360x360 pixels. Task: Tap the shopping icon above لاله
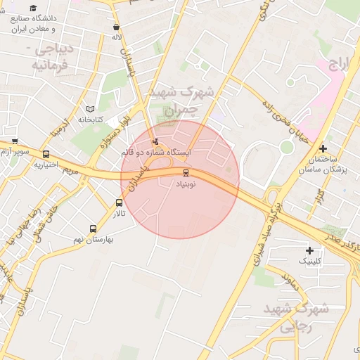[x=116, y=28]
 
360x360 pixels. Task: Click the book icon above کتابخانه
[x=89, y=109]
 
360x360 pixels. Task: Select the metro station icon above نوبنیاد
[x=186, y=172]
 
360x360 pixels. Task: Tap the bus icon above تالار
[x=119, y=203]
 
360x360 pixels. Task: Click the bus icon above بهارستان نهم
[x=94, y=229]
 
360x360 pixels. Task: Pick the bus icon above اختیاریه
[x=46, y=155]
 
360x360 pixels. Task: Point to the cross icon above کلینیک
[x=309, y=250]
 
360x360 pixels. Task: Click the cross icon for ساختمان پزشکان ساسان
[x=323, y=148]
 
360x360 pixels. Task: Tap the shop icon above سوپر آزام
[x=15, y=141]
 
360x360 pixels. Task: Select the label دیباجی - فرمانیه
[x=49, y=58]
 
